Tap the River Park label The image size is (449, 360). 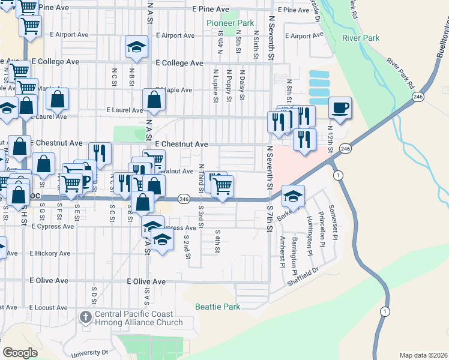click(361, 38)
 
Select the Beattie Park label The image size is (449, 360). click(217, 307)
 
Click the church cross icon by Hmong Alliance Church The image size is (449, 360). click(85, 316)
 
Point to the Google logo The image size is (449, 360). click(20, 353)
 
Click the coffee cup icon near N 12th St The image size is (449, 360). click(340, 108)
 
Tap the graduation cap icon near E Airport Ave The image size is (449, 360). click(136, 47)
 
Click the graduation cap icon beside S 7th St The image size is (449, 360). click(292, 196)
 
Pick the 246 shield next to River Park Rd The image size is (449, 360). click(417, 96)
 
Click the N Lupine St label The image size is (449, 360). click(214, 85)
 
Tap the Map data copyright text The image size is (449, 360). click(423, 355)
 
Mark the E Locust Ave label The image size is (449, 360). click(47, 307)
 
